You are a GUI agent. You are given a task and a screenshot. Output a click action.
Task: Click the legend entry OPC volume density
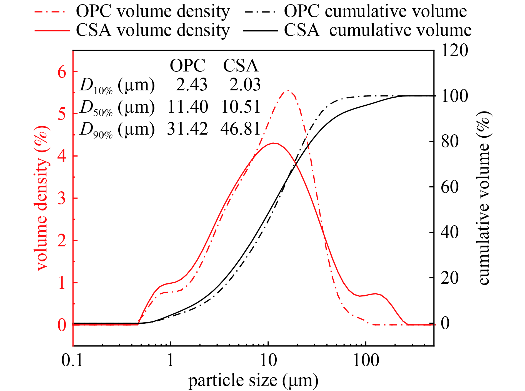click(153, 12)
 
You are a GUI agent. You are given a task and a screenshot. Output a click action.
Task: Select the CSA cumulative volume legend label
click(377, 30)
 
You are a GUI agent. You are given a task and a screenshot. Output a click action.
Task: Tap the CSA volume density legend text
click(153, 30)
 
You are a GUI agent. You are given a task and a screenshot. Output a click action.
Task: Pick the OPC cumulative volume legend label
click(375, 12)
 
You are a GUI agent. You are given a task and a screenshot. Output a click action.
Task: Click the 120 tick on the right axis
click(454, 50)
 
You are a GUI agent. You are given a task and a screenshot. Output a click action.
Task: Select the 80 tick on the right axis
click(450, 141)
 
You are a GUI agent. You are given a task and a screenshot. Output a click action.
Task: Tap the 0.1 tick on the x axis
click(72, 360)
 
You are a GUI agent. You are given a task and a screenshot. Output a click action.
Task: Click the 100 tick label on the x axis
click(366, 360)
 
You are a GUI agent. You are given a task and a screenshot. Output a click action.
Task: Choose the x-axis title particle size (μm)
click(253, 380)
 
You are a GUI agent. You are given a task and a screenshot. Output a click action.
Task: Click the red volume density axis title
click(42, 197)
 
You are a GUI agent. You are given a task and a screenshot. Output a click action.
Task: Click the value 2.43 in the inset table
click(192, 85)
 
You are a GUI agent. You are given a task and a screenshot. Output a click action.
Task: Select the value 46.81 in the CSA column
click(241, 129)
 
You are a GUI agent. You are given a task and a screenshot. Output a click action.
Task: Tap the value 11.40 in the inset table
click(188, 107)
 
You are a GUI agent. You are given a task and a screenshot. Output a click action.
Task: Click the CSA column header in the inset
click(241, 66)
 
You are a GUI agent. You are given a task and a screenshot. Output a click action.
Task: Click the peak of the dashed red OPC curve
click(288, 90)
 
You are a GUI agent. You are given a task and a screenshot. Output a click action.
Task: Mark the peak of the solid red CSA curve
click(274, 143)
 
